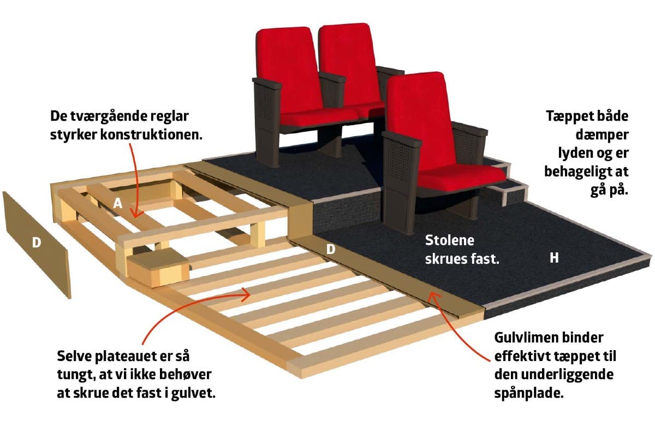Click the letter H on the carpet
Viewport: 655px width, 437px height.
point(554,258)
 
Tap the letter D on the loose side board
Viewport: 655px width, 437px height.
point(37,242)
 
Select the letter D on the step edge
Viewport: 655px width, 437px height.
point(330,250)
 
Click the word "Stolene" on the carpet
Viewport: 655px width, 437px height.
point(450,240)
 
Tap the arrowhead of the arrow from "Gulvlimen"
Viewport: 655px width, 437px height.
point(431,296)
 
